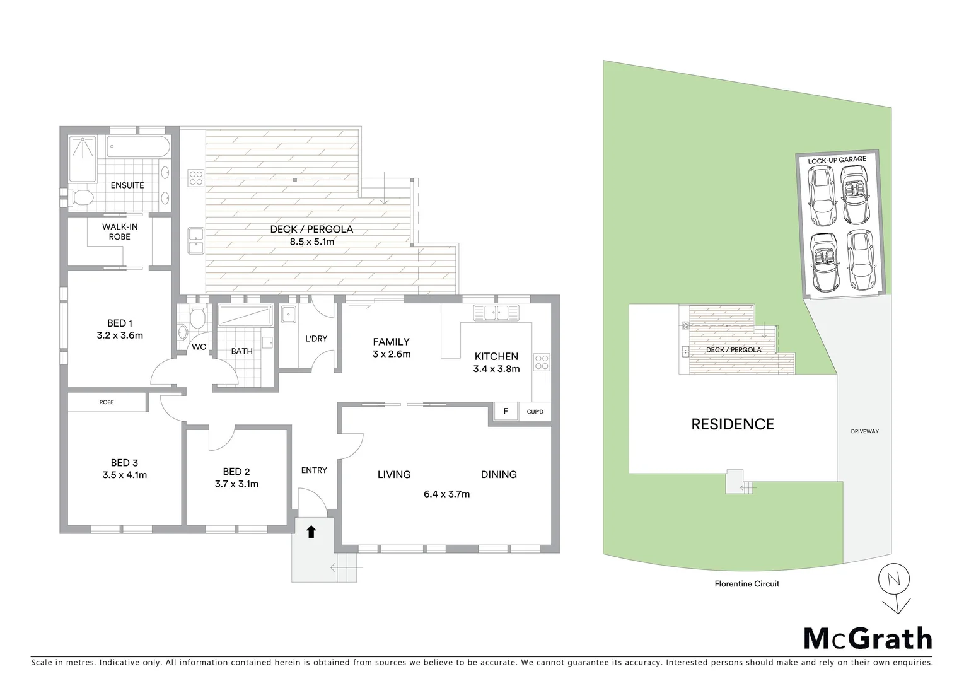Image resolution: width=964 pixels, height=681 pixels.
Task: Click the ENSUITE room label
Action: pos(127,185)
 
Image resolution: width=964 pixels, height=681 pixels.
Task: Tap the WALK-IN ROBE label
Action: pos(120,231)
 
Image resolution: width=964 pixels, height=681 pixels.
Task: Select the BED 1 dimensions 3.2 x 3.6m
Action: pos(120,335)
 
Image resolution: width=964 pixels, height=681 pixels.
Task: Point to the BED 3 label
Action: pos(124,463)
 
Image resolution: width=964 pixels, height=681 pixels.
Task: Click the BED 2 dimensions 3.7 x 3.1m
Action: pos(236,484)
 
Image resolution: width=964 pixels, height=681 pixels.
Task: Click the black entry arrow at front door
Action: pos(311,532)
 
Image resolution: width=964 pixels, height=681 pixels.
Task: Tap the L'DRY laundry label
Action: pos(316,339)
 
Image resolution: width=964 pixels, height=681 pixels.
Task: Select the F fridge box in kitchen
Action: pos(505,412)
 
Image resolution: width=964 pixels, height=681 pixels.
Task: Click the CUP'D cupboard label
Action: pos(535,412)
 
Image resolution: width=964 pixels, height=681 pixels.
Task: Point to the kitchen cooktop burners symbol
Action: pos(542,362)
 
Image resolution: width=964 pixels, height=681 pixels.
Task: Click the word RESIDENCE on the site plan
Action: pos(733,424)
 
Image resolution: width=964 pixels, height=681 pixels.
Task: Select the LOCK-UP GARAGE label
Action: pos(837,160)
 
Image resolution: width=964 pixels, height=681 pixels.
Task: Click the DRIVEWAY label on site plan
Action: pos(864,432)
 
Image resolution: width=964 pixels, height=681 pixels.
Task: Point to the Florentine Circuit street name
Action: pos(746,584)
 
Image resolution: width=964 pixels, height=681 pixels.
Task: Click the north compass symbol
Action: pos(894,579)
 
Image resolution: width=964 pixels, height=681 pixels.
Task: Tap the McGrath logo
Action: pos(868,638)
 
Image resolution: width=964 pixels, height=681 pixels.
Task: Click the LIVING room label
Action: pos(394,475)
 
